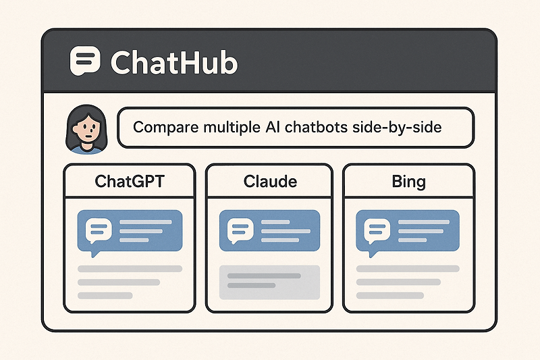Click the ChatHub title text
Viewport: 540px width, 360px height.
[x=173, y=62]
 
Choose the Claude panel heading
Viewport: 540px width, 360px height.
[x=269, y=182]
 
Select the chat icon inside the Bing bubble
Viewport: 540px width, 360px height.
[x=377, y=230]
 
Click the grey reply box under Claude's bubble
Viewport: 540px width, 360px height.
[x=269, y=280]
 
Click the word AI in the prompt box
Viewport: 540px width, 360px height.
[x=273, y=127]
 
